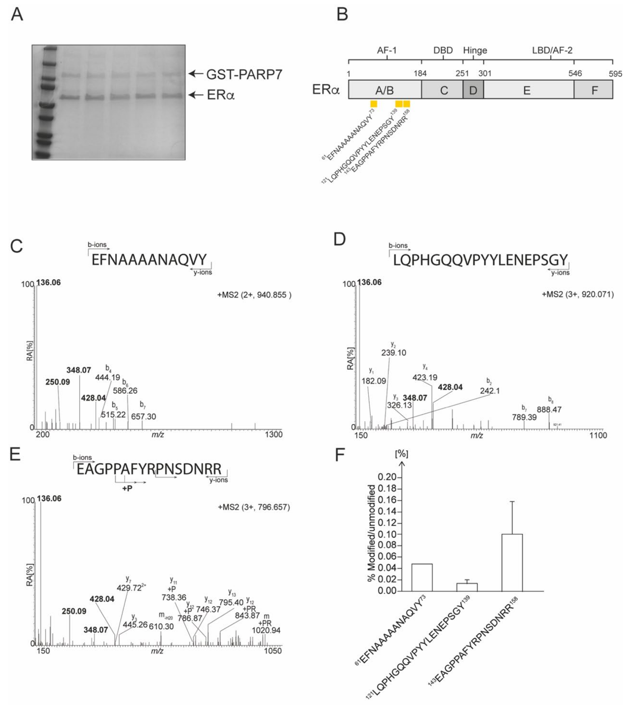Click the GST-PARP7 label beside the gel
point(244,75)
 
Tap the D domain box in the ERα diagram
point(473,90)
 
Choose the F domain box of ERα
point(594,90)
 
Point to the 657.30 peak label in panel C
point(143,416)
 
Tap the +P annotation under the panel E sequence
point(127,489)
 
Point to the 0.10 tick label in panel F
point(387,534)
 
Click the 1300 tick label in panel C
point(274,434)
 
